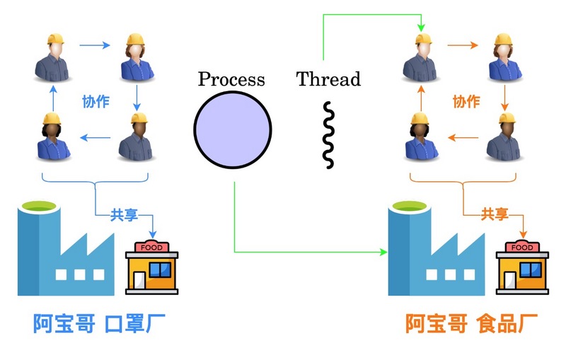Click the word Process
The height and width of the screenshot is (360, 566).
(231, 79)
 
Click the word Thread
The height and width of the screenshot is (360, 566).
(328, 79)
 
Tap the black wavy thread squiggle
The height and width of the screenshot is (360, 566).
(328, 134)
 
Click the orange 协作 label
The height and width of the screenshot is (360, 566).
(466, 101)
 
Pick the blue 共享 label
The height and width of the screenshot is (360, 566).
(124, 215)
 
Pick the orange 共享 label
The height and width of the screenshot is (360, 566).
(495, 215)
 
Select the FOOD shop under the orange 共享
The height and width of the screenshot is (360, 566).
(522, 267)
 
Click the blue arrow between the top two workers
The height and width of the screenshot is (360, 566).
(95, 46)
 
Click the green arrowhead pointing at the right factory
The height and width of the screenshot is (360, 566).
(385, 252)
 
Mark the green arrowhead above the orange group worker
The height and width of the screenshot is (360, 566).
(422, 28)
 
